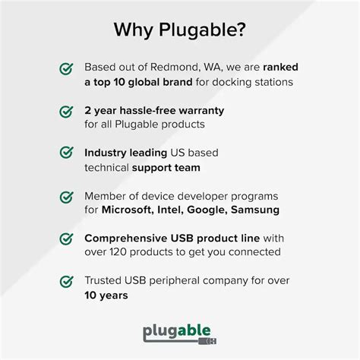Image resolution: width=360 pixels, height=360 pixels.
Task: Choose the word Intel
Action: pos(169,209)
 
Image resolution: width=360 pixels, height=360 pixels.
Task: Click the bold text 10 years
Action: pos(107,295)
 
